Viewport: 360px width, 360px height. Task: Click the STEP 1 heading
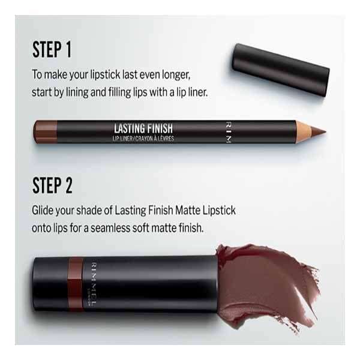coord(52,50)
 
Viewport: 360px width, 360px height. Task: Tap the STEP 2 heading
coord(53,185)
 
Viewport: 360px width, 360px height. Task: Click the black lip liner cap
coord(280,69)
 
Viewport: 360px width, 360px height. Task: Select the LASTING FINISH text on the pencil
coord(143,127)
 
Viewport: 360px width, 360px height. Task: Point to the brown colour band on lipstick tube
coord(74,280)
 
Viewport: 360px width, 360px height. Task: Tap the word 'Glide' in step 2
coord(45,212)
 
